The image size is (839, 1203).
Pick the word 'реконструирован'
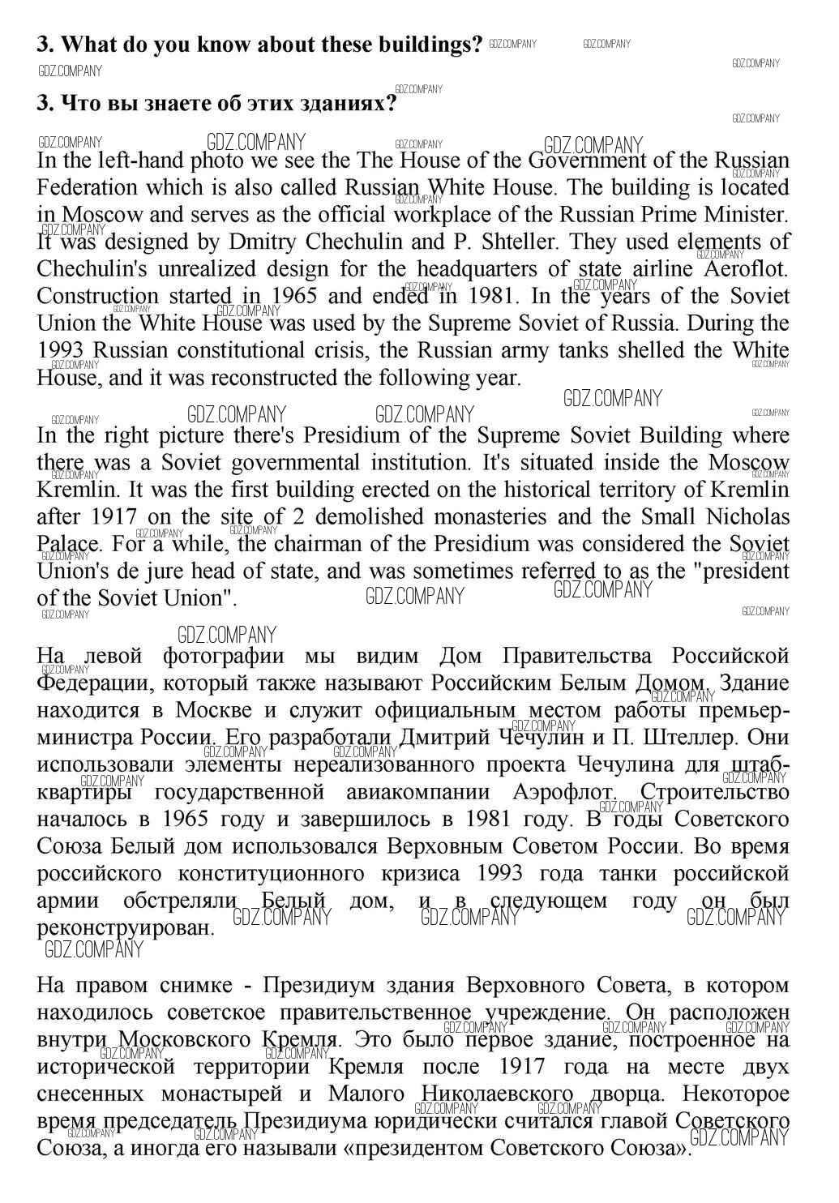pyautogui.click(x=126, y=927)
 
